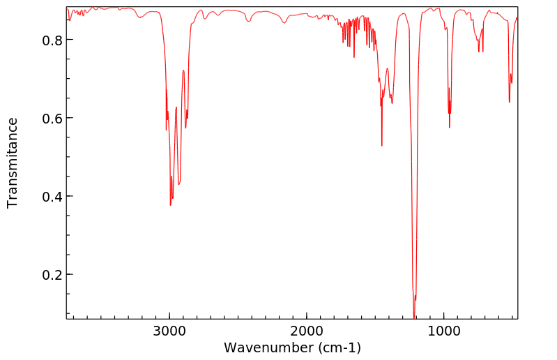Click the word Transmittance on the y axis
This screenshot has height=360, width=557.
tap(13, 163)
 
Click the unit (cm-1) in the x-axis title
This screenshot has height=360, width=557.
tap(337, 347)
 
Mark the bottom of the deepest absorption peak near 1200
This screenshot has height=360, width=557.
tap(415, 317)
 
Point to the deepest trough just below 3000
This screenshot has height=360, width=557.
tap(170, 204)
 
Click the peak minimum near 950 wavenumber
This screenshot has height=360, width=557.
tap(450, 127)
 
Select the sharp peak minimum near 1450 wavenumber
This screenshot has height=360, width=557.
tap(382, 145)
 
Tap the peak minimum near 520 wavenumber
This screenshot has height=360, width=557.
tap(510, 102)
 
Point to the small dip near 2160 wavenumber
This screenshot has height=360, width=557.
tap(284, 23)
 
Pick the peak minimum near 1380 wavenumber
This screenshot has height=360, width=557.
tap(392, 103)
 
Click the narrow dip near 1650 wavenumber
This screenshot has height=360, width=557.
tap(354, 57)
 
